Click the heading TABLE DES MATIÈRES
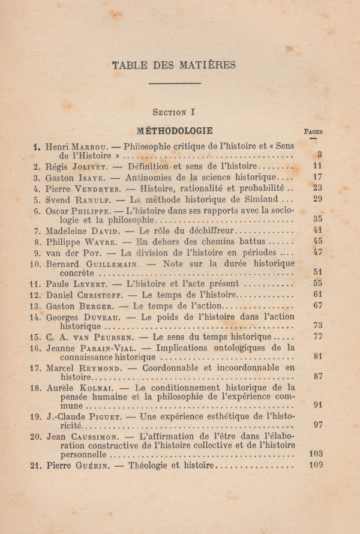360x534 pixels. [174, 65]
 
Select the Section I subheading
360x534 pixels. [174, 112]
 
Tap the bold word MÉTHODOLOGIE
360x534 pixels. [175, 130]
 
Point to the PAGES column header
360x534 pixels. [313, 131]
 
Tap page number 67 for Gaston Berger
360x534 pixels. [317, 306]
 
